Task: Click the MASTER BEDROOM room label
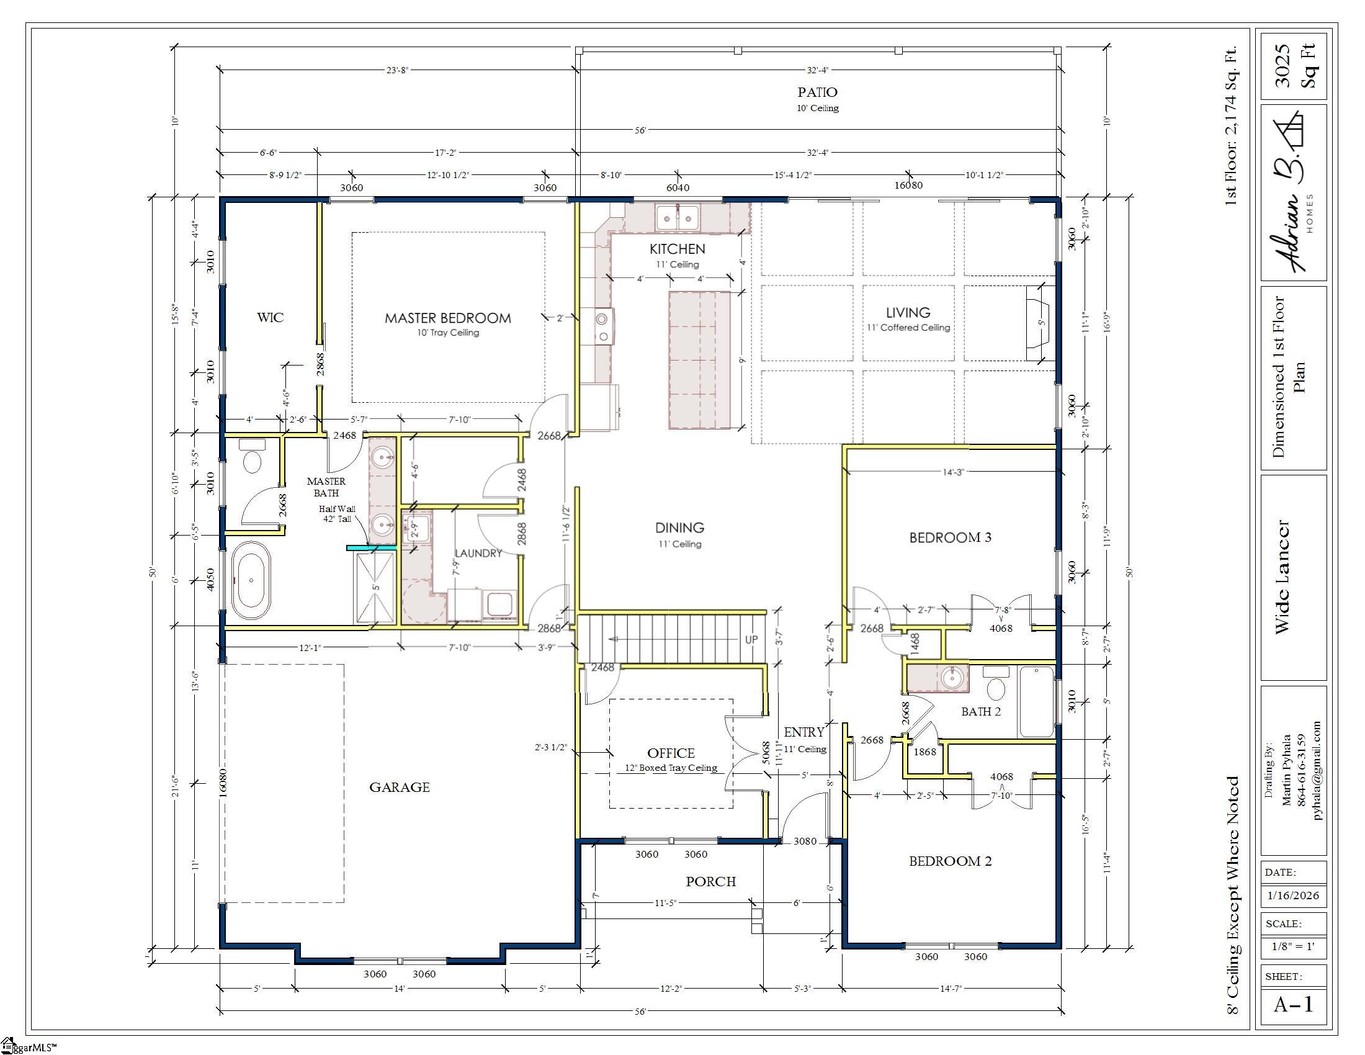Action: click(x=447, y=318)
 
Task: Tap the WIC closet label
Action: click(x=270, y=318)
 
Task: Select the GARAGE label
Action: click(x=400, y=788)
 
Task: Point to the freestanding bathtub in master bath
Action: click(x=251, y=580)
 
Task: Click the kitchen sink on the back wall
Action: click(x=678, y=217)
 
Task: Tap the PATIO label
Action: click(x=818, y=92)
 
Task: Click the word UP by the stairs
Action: click(x=751, y=639)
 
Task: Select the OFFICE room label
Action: click(x=671, y=753)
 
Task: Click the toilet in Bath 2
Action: click(x=996, y=683)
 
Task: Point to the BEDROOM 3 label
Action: click(x=950, y=537)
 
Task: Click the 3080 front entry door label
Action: click(x=805, y=842)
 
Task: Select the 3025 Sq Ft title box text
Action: click(x=1294, y=66)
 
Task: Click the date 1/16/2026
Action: click(x=1293, y=896)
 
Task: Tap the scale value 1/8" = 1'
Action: click(x=1293, y=946)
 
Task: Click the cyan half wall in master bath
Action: click(x=371, y=548)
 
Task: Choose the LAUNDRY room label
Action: click(x=478, y=553)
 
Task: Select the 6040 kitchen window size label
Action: click(x=678, y=187)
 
